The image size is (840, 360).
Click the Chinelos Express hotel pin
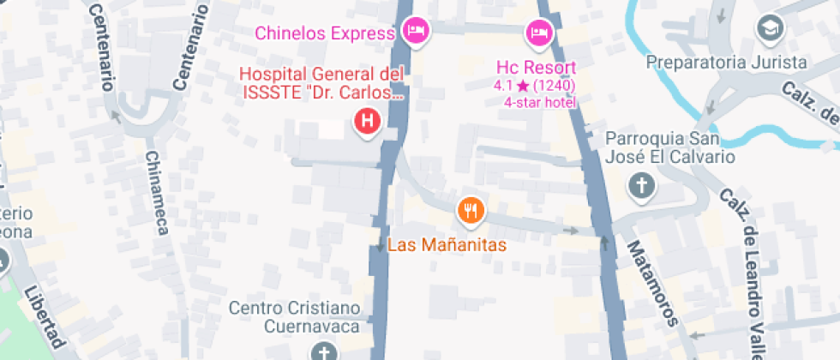417,32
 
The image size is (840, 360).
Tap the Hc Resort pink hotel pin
538,33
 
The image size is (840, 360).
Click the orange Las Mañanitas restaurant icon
470,209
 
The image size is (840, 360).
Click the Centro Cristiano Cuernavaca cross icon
323,351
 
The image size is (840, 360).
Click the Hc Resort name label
536,68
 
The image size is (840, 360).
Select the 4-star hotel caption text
540,103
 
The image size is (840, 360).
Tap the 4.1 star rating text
533,86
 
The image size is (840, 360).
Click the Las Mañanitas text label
447,244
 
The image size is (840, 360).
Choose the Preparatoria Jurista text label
726,63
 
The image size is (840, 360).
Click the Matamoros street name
651,284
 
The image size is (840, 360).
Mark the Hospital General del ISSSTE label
321,84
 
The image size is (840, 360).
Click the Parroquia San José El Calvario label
670,147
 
